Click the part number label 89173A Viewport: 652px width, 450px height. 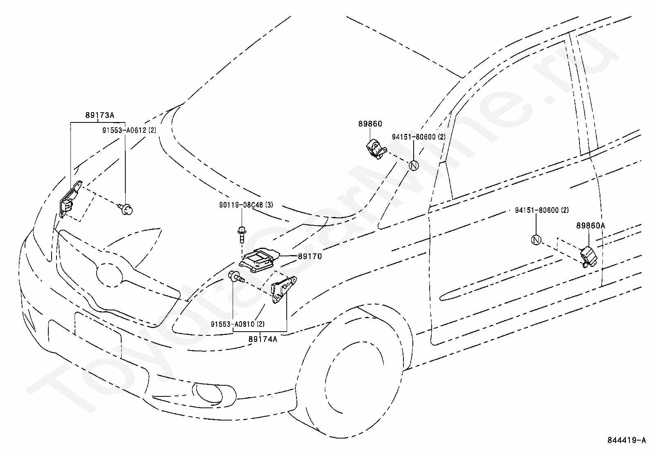pyautogui.click(x=100, y=115)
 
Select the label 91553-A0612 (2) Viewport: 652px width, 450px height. pyautogui.click(x=129, y=130)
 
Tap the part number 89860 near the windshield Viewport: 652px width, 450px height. pyautogui.click(x=370, y=124)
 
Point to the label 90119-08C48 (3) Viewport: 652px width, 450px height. pyautogui.click(x=246, y=205)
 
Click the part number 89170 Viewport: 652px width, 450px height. pyautogui.click(x=310, y=256)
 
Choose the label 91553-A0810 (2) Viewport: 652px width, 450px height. pyautogui.click(x=238, y=324)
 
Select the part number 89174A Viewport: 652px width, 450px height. pyautogui.click(x=263, y=339)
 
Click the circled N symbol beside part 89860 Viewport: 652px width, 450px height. pyautogui.click(x=414, y=165)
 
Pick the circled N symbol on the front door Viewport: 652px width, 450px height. pyautogui.click(x=536, y=240)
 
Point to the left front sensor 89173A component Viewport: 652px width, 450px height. pyautogui.click(x=70, y=199)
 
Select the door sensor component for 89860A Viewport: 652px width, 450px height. pyautogui.click(x=588, y=257)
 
